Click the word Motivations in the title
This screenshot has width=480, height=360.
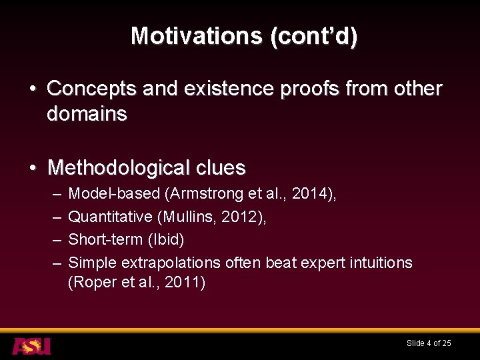(x=197, y=35)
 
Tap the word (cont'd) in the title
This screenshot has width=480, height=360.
(x=313, y=35)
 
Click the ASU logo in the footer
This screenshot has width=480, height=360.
(x=31, y=346)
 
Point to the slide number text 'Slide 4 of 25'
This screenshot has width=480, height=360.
(x=429, y=343)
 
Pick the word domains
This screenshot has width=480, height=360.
(x=87, y=114)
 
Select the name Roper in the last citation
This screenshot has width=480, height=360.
(x=91, y=282)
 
